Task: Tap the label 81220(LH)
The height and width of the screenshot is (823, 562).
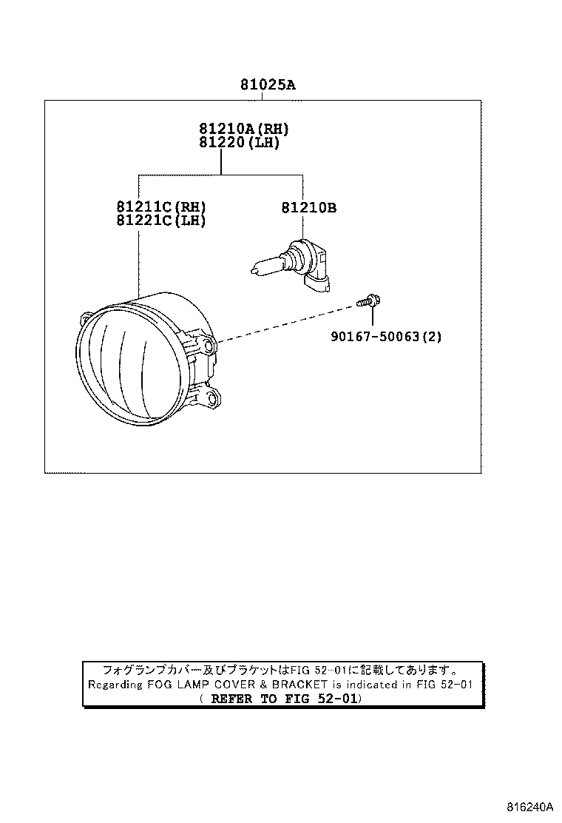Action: coord(238,143)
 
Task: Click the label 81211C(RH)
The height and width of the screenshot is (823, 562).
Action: coord(160,206)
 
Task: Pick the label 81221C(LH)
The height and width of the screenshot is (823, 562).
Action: coord(160,221)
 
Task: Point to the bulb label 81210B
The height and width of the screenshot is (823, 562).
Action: coord(308,208)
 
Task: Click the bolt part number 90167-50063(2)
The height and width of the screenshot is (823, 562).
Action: coord(386,337)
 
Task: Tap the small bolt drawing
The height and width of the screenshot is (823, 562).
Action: coord(368,301)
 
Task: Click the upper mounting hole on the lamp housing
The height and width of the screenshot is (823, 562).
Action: coord(211,346)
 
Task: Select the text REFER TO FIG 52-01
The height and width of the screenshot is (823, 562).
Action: coord(281,699)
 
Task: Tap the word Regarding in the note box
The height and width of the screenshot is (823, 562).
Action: coord(115,685)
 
